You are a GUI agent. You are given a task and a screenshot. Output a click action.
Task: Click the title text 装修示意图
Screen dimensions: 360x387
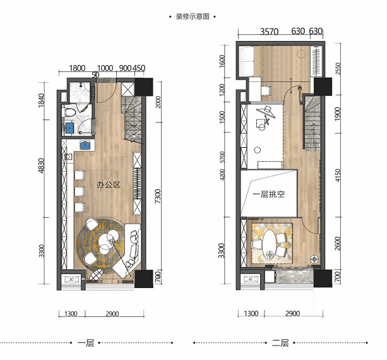[x=193, y=17]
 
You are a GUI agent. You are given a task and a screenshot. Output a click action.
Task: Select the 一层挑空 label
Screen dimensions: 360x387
[x=268, y=195]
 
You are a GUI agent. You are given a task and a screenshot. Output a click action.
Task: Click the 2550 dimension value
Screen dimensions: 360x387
[x=338, y=68]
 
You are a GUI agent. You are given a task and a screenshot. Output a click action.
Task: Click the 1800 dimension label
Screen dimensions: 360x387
[x=78, y=68]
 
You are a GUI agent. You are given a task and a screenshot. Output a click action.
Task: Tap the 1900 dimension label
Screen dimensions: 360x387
[x=338, y=114]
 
